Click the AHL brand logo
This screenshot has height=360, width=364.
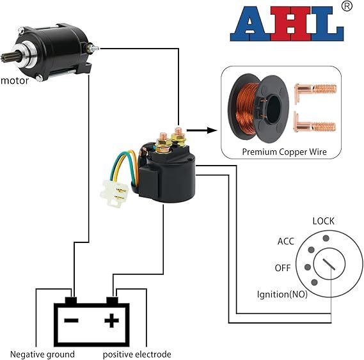click(287, 24)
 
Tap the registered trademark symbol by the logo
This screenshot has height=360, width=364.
click(347, 6)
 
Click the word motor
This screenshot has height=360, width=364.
click(15, 81)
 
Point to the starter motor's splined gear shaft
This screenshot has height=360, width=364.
click(6, 58)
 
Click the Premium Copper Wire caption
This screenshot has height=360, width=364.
click(285, 152)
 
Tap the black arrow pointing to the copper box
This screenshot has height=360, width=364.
click(202, 130)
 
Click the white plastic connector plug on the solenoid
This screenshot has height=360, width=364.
click(114, 193)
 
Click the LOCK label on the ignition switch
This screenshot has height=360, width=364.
click(323, 221)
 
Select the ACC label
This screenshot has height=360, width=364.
click(286, 242)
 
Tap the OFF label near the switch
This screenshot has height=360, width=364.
click(283, 268)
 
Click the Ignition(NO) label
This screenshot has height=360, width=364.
click(282, 294)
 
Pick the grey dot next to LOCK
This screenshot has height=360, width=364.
click(326, 238)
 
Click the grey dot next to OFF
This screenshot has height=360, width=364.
click(308, 267)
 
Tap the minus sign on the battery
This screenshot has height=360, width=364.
click(71, 320)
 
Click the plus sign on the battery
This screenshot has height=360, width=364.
click(112, 320)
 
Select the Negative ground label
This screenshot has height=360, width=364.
click(42, 354)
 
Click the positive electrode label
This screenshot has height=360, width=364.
click(137, 354)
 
